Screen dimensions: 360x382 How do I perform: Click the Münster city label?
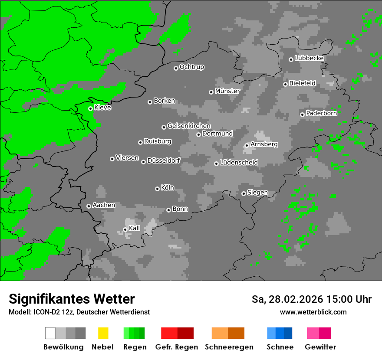click(x=227, y=91)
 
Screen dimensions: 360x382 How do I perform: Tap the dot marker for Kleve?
click(x=90, y=108)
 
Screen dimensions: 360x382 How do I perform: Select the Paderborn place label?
click(x=321, y=113)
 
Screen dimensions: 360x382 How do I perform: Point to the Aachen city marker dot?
click(x=89, y=206)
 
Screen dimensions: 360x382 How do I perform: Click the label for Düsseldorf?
click(x=164, y=160)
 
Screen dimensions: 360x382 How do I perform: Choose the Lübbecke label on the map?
click(x=309, y=58)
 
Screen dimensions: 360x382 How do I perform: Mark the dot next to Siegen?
click(x=244, y=193)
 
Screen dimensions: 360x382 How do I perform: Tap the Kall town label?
click(x=135, y=228)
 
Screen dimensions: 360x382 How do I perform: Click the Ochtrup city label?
click(x=192, y=67)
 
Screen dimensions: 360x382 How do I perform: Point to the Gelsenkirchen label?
click(x=189, y=126)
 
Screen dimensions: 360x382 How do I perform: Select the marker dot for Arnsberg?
click(x=247, y=145)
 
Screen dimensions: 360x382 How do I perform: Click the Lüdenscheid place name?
click(x=239, y=163)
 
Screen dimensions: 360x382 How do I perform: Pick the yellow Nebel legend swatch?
click(x=103, y=333)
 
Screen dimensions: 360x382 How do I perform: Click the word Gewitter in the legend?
click(x=320, y=347)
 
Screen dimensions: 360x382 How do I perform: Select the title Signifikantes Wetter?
click(x=72, y=299)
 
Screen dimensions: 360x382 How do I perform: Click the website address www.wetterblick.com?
click(x=313, y=312)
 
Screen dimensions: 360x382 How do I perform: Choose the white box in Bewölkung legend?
click(x=50, y=333)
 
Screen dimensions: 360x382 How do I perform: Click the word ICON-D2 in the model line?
click(x=46, y=312)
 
